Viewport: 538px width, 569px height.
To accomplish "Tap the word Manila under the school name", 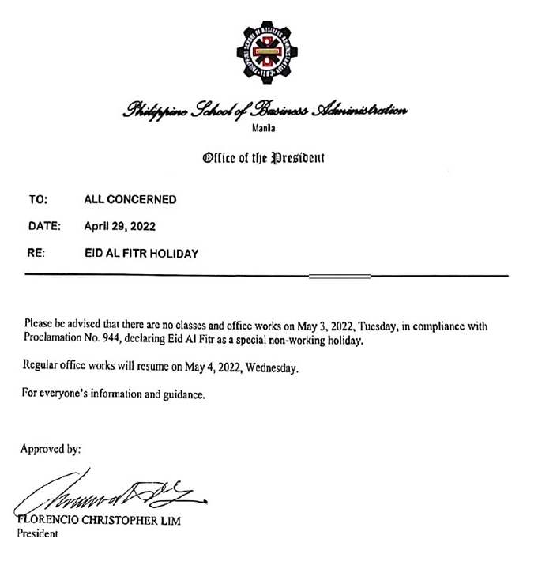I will (270, 130).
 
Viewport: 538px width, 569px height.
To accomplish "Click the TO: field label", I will (37, 199).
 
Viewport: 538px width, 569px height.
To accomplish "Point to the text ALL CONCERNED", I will (130, 199).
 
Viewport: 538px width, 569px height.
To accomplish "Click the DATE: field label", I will (44, 226).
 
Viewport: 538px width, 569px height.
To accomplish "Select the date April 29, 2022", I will (119, 226).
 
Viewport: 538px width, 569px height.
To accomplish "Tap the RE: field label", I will (36, 254).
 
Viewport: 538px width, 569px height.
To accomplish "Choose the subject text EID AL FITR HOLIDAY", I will (141, 254).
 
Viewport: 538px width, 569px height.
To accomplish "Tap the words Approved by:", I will (51, 449).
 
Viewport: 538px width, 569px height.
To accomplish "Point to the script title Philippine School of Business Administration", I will (265, 111).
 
